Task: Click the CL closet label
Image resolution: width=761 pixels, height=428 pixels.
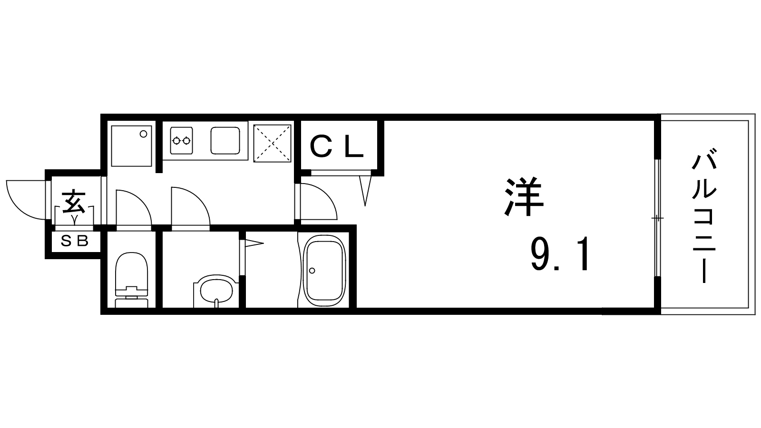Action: [x=337, y=147]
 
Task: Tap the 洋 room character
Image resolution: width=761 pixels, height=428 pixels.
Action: [x=524, y=197]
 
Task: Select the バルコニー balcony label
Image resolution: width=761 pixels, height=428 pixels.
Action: [x=704, y=216]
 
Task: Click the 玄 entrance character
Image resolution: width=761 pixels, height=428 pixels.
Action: [x=74, y=203]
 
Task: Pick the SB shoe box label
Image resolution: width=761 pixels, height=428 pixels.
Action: [x=74, y=241]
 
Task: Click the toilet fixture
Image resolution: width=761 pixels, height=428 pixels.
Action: [x=131, y=280]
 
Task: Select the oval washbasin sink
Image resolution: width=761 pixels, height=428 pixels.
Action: [x=216, y=291]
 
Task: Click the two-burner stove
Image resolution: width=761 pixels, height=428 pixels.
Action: [x=181, y=140]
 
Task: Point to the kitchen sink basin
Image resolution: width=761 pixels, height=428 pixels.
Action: [x=225, y=141]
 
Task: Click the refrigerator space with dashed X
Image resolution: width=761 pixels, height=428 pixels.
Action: [x=272, y=143]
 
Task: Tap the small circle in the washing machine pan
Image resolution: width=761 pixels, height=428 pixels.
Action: [x=143, y=134]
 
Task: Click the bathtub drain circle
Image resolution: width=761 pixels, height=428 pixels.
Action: [x=312, y=271]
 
